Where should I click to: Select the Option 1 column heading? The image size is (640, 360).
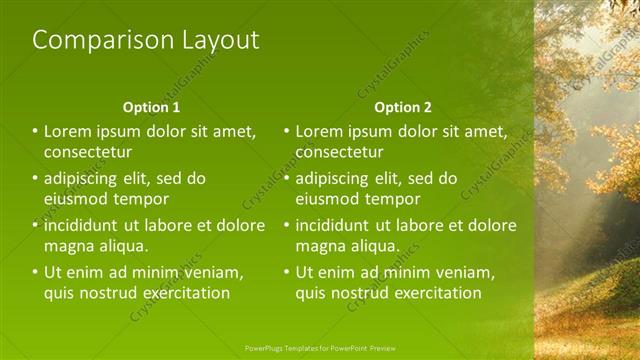tap(152, 107)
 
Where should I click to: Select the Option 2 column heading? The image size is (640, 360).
tap(404, 107)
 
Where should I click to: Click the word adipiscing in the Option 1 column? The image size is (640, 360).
tap(85, 179)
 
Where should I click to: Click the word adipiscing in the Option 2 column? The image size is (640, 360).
tap(337, 179)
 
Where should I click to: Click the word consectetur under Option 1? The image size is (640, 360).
tap(88, 152)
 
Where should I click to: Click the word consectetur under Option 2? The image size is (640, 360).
tap(340, 152)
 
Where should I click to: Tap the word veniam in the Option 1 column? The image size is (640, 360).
tap(214, 272)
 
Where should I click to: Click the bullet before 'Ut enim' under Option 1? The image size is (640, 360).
tap(35, 272)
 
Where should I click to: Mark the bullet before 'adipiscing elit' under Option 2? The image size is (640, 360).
tap(287, 179)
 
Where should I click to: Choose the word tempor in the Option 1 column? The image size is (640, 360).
tap(141, 199)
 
